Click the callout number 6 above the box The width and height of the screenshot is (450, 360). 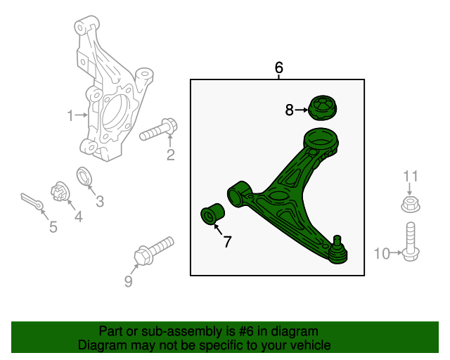(278, 68)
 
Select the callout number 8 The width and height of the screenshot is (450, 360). (289, 110)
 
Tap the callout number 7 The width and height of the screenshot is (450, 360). (227, 243)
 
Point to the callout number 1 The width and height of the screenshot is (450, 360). (70, 115)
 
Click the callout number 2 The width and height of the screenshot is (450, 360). (170, 155)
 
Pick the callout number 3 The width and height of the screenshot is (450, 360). (100, 202)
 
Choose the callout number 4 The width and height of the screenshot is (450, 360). (78, 217)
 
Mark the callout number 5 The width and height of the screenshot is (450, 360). (53, 226)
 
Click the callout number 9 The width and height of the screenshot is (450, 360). (128, 282)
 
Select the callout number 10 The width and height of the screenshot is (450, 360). (382, 254)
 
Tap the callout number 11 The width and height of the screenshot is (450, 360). (410, 176)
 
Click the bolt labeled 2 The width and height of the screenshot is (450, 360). (160, 130)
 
